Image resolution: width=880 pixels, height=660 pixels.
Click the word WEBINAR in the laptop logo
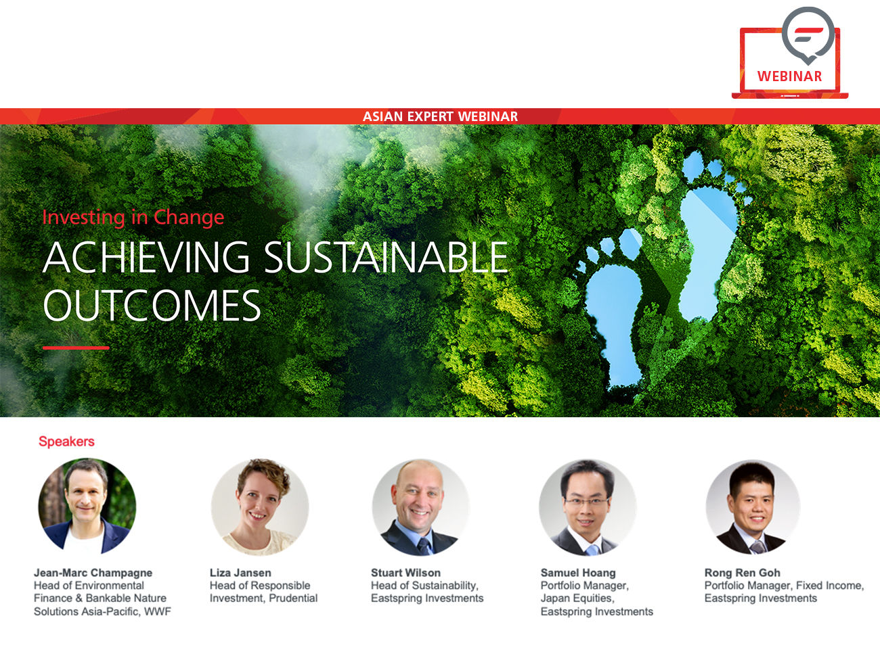[789, 76]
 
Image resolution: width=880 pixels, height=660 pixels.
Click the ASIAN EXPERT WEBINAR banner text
[440, 116]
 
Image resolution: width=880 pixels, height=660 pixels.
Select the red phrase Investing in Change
[133, 217]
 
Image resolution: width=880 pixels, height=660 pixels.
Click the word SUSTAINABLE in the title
[385, 258]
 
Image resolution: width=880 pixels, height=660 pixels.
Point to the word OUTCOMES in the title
[152, 306]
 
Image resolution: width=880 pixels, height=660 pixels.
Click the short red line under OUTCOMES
[76, 348]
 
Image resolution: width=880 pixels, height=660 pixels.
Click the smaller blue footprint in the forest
[614, 318]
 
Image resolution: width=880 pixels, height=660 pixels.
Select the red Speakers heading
[66, 442]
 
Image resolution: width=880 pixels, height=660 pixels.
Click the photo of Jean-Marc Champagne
[87, 506]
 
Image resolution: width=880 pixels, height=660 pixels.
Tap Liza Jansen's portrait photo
[260, 506]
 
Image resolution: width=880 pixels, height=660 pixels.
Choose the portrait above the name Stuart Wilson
[420, 506]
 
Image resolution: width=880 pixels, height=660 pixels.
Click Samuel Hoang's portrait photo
[587, 506]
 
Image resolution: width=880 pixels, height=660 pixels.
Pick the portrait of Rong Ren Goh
[753, 506]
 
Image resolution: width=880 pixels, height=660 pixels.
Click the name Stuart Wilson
[405, 573]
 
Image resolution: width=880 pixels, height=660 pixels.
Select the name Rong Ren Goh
[742, 573]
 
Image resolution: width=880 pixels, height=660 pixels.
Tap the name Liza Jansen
[240, 573]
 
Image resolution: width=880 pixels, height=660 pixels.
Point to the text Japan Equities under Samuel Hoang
[576, 598]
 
